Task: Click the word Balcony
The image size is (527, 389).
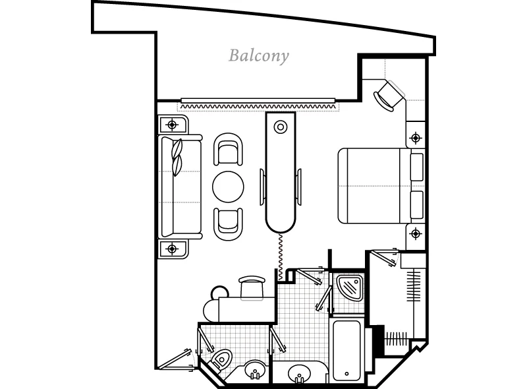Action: (258, 56)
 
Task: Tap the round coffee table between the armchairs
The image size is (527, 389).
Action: (228, 187)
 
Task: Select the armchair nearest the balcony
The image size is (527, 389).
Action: (228, 150)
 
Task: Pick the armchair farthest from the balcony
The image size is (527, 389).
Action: (228, 224)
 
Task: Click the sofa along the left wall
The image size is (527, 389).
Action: (180, 187)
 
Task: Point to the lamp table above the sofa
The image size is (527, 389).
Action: (173, 125)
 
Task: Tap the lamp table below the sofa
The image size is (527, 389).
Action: (173, 249)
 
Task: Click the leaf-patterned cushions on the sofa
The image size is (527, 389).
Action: (177, 157)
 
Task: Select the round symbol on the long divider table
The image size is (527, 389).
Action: (281, 127)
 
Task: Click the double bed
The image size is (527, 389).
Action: (381, 186)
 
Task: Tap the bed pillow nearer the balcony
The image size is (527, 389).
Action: (417, 167)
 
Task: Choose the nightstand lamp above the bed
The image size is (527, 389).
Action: (416, 138)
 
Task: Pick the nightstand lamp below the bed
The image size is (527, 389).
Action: (416, 233)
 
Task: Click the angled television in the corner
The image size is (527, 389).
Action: (389, 96)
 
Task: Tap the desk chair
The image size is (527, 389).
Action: (252, 287)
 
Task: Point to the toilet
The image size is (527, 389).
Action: (221, 360)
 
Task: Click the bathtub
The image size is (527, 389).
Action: (347, 351)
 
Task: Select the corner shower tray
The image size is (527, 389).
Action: (350, 287)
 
